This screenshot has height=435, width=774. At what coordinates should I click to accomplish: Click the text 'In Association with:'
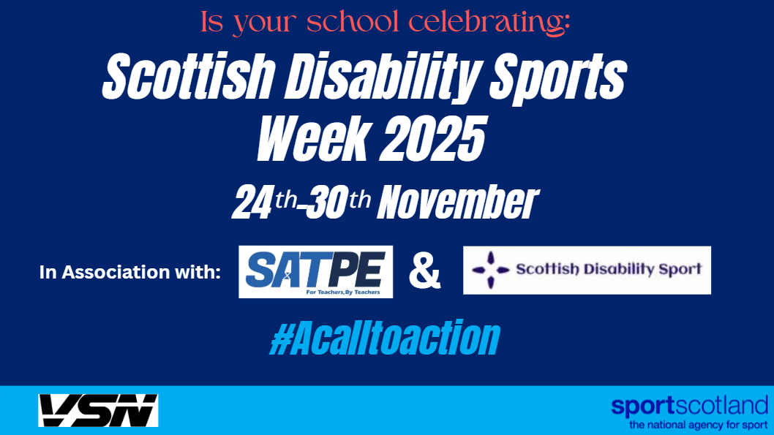(x=129, y=272)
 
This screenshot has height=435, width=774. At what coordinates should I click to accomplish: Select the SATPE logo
(x=315, y=271)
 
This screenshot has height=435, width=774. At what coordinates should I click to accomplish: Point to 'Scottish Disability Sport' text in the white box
(x=609, y=269)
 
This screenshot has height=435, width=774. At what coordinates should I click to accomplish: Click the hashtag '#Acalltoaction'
(x=385, y=338)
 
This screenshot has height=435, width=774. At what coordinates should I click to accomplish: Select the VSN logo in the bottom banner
(x=98, y=411)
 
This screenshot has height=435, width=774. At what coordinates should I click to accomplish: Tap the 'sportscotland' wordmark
(x=689, y=406)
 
